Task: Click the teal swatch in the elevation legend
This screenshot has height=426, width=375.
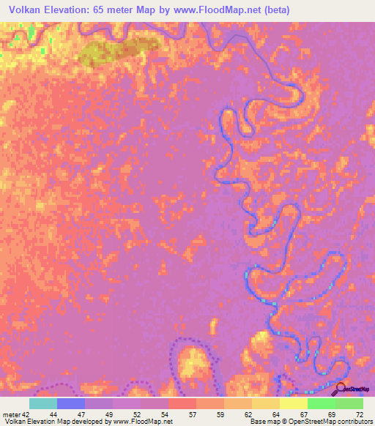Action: (43, 403)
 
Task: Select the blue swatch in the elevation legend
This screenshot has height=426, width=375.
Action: (71, 403)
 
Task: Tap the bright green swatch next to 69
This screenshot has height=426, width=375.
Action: (322, 403)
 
